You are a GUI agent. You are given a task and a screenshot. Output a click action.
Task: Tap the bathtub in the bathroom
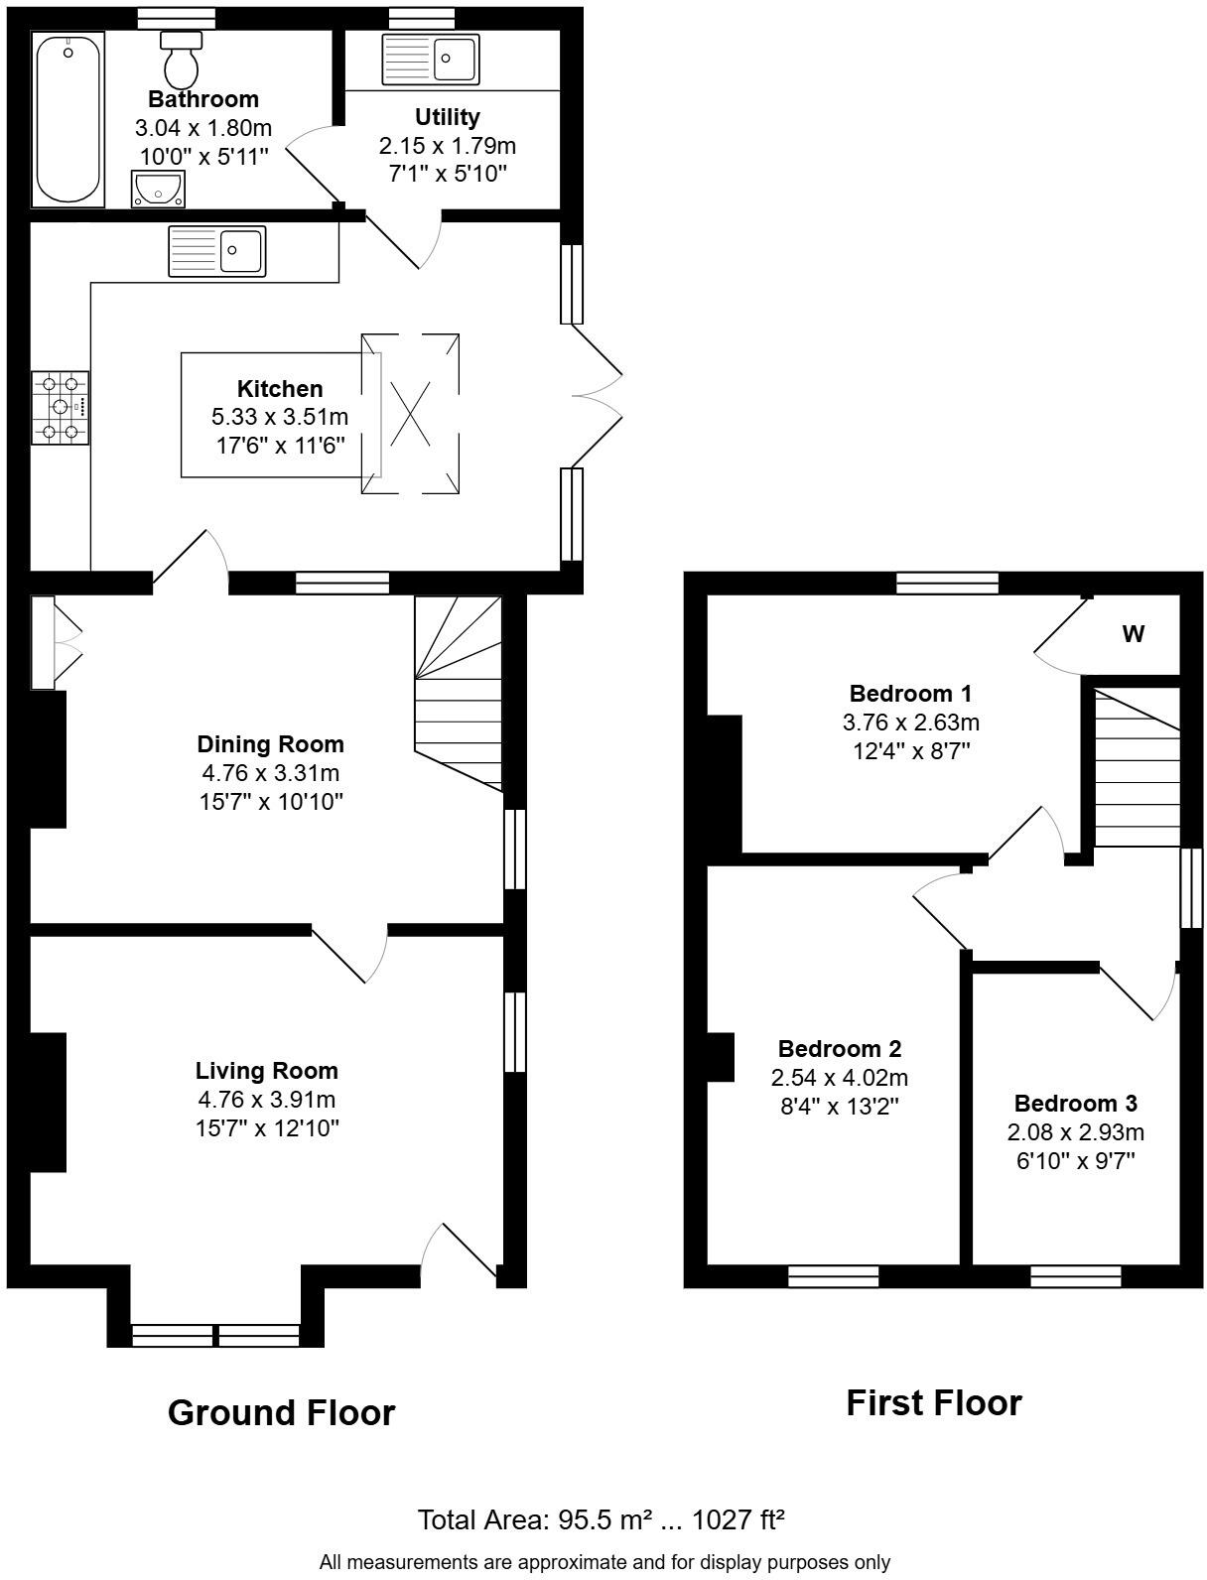[68, 119]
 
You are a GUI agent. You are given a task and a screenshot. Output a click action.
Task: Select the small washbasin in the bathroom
[158, 189]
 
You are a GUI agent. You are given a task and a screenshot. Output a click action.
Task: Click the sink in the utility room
[431, 59]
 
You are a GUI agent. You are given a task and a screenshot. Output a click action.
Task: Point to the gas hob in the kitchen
[60, 406]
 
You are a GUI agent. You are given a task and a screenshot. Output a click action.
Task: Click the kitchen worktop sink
[217, 250]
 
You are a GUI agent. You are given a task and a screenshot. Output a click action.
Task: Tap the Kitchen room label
[280, 389]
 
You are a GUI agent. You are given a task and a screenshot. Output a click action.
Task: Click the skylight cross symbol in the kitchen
[410, 414]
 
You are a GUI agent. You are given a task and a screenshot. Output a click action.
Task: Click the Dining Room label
[270, 744]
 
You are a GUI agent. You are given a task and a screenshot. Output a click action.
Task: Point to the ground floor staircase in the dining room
[459, 695]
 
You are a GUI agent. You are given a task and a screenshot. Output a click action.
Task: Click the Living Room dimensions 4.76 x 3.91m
[267, 1100]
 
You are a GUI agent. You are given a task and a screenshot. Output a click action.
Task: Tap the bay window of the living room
[215, 1335]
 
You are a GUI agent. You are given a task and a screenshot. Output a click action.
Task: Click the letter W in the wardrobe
[1133, 634]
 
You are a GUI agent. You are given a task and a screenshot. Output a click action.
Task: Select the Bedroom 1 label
[910, 694]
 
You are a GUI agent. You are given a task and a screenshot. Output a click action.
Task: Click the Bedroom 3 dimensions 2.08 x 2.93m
[1076, 1132]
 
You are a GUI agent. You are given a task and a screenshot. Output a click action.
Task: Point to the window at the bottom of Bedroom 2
[833, 1275]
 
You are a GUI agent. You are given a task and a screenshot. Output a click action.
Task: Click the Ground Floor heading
[281, 1412]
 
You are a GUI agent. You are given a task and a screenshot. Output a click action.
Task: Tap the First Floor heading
[933, 1403]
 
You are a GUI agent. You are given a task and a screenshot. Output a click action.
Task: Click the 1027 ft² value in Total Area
[738, 1519]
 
